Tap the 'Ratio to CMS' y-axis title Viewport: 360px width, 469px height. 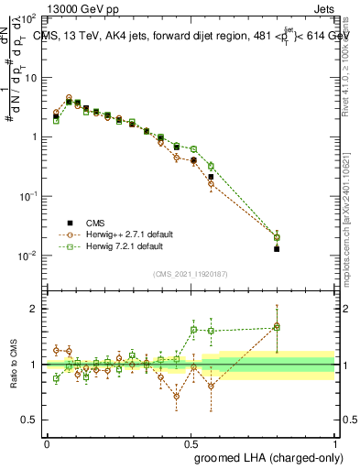coord(12,365)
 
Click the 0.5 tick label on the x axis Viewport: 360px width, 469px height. coord(191,443)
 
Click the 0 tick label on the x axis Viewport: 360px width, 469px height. coord(47,443)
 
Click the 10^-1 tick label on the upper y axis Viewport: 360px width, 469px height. coord(27,196)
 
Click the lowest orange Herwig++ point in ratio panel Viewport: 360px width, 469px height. coord(176,396)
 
